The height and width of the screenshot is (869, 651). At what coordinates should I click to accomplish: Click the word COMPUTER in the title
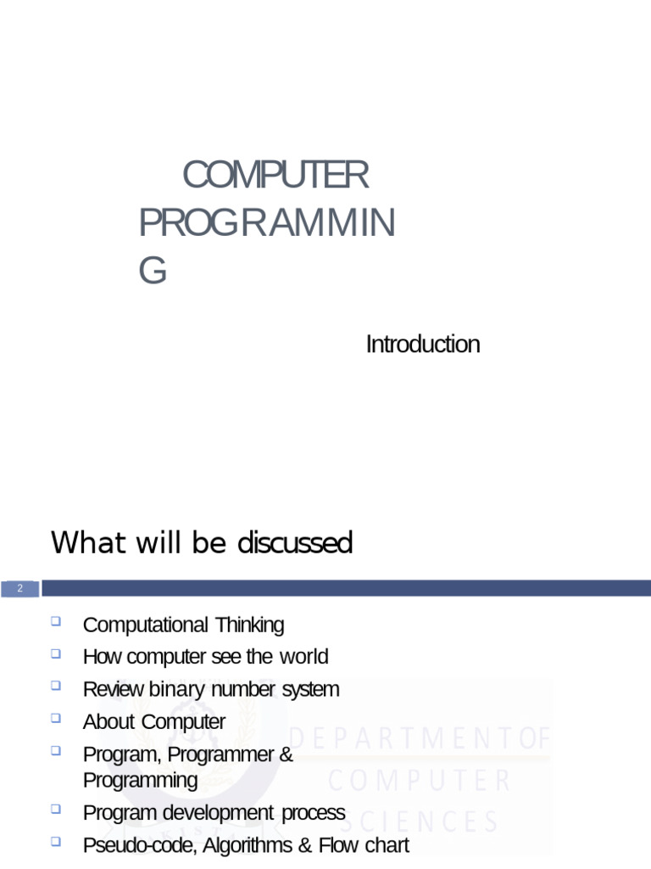275,175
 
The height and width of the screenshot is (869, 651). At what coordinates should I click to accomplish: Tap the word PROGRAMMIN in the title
267,223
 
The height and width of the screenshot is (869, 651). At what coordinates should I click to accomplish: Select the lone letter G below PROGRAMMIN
153,271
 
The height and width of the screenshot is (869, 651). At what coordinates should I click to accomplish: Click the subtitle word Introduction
423,345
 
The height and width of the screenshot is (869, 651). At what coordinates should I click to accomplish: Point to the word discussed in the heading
295,542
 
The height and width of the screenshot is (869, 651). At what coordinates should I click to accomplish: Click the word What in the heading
90,542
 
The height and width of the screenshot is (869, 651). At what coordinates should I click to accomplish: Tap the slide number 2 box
20,589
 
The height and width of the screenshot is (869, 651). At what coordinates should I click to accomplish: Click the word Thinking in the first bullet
250,625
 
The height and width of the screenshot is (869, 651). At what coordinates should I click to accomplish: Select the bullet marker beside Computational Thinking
56,620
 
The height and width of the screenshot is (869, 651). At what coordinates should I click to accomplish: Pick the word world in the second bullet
304,657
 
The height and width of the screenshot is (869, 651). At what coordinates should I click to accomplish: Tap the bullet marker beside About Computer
56,718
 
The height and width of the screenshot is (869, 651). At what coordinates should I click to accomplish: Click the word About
109,722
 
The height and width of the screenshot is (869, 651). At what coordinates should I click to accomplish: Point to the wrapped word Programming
141,781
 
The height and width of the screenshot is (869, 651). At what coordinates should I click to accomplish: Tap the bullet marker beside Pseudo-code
56,842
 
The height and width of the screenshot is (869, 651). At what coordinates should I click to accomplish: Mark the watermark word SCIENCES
419,821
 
